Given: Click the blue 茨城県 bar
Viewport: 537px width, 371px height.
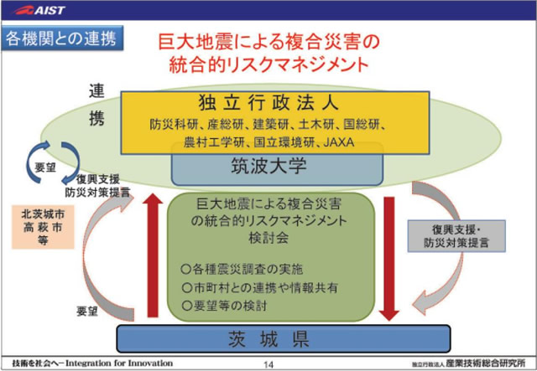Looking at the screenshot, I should coord(267,339).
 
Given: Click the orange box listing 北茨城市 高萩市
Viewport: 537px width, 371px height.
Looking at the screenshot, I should coord(41,224).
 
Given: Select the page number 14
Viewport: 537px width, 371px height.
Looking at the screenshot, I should coord(268,364).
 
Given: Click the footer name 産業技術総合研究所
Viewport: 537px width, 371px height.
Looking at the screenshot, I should coord(487,364).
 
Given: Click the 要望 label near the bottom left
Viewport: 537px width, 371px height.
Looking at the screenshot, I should coord(88,311).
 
